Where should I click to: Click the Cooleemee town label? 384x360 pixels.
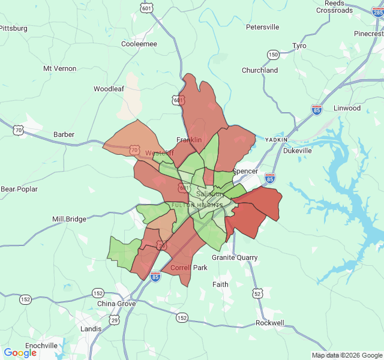coord(139,44)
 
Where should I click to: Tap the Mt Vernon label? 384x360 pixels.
coord(60,68)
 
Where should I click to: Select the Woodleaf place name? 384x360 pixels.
coord(109,89)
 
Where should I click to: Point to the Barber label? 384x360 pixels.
coord(64,134)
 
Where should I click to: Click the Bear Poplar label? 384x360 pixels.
coord(19,189)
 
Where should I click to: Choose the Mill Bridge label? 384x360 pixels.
coord(69,219)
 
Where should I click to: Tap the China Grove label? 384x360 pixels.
coord(116,304)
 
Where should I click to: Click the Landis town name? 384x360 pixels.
coord(91,329)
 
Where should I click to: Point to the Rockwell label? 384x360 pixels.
coord(270,323)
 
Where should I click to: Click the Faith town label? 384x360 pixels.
coord(220,284)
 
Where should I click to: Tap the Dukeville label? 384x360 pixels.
coord(298,151)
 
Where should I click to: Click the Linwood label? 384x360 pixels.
coord(347,108)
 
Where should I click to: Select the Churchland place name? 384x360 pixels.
coord(260,70)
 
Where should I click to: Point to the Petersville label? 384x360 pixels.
coord(263,27)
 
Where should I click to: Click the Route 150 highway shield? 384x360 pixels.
coord(273,55)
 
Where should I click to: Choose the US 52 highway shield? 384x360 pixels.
coord(257,293)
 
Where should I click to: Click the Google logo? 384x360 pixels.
coord(20,353)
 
